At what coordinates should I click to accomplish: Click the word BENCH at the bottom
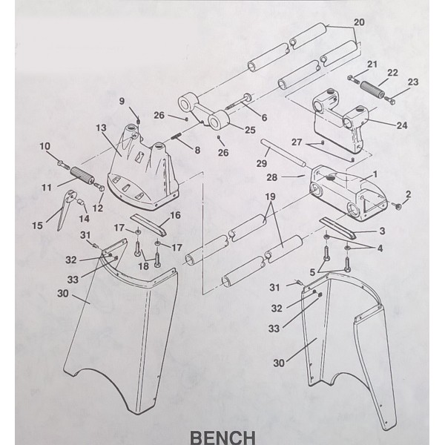click(x=222, y=435)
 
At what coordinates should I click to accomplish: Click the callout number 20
click(x=359, y=22)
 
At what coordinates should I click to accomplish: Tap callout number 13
click(x=101, y=128)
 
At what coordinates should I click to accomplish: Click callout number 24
click(x=401, y=125)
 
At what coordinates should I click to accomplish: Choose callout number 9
click(x=123, y=101)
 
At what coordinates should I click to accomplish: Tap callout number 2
click(x=407, y=194)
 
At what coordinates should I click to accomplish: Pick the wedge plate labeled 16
click(x=151, y=225)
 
